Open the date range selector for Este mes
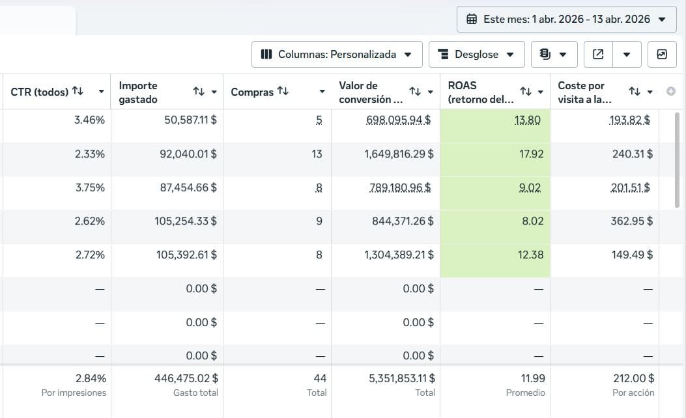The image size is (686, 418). (x=567, y=20)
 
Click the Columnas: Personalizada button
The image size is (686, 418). (x=337, y=54)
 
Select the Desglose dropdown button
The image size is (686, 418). (x=476, y=54)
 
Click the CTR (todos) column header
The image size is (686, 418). (x=39, y=92)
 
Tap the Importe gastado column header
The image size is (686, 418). (x=138, y=92)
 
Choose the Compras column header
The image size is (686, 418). (x=252, y=92)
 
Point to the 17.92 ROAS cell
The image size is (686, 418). (x=531, y=154)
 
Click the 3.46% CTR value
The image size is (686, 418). (x=89, y=120)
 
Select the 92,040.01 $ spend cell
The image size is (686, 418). (x=188, y=154)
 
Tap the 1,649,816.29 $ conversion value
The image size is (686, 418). (x=399, y=154)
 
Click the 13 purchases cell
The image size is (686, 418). (x=317, y=154)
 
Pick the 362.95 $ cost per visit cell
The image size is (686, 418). (x=632, y=221)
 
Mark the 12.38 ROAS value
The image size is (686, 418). (x=530, y=255)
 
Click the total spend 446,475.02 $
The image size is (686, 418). (x=186, y=378)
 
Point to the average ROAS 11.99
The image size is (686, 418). (x=533, y=378)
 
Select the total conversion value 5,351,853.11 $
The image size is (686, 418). (x=401, y=378)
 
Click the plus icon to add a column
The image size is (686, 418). (x=670, y=91)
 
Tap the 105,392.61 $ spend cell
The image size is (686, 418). (x=186, y=255)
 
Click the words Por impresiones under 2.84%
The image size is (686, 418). (x=74, y=393)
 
